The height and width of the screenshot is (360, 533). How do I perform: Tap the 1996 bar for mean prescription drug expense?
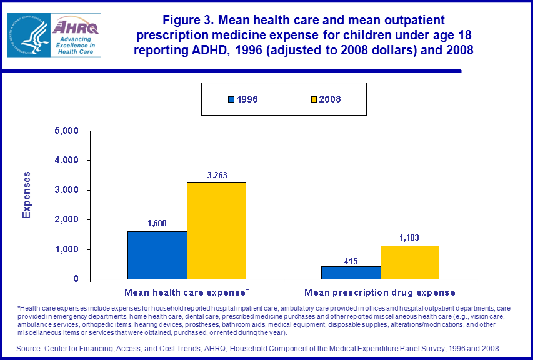pyautogui.click(x=351, y=272)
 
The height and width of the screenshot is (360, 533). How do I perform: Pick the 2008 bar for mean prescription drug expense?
pyautogui.click(x=409, y=262)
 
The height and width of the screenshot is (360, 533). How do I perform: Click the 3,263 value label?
pyautogui.click(x=216, y=176)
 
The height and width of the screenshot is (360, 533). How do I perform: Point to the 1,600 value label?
pyautogui.click(x=157, y=224)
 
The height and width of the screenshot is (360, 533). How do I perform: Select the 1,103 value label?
pyautogui.click(x=409, y=238)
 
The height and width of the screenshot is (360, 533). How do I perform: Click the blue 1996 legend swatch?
pyautogui.click(x=231, y=99)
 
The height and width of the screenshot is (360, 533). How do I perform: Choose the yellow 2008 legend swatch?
pyautogui.click(x=313, y=99)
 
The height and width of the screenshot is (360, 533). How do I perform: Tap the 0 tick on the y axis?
pyautogui.click(x=76, y=279)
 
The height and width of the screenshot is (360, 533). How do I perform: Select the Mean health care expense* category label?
pyautogui.click(x=187, y=292)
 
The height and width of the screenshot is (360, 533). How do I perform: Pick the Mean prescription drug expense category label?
pyautogui.click(x=380, y=292)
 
